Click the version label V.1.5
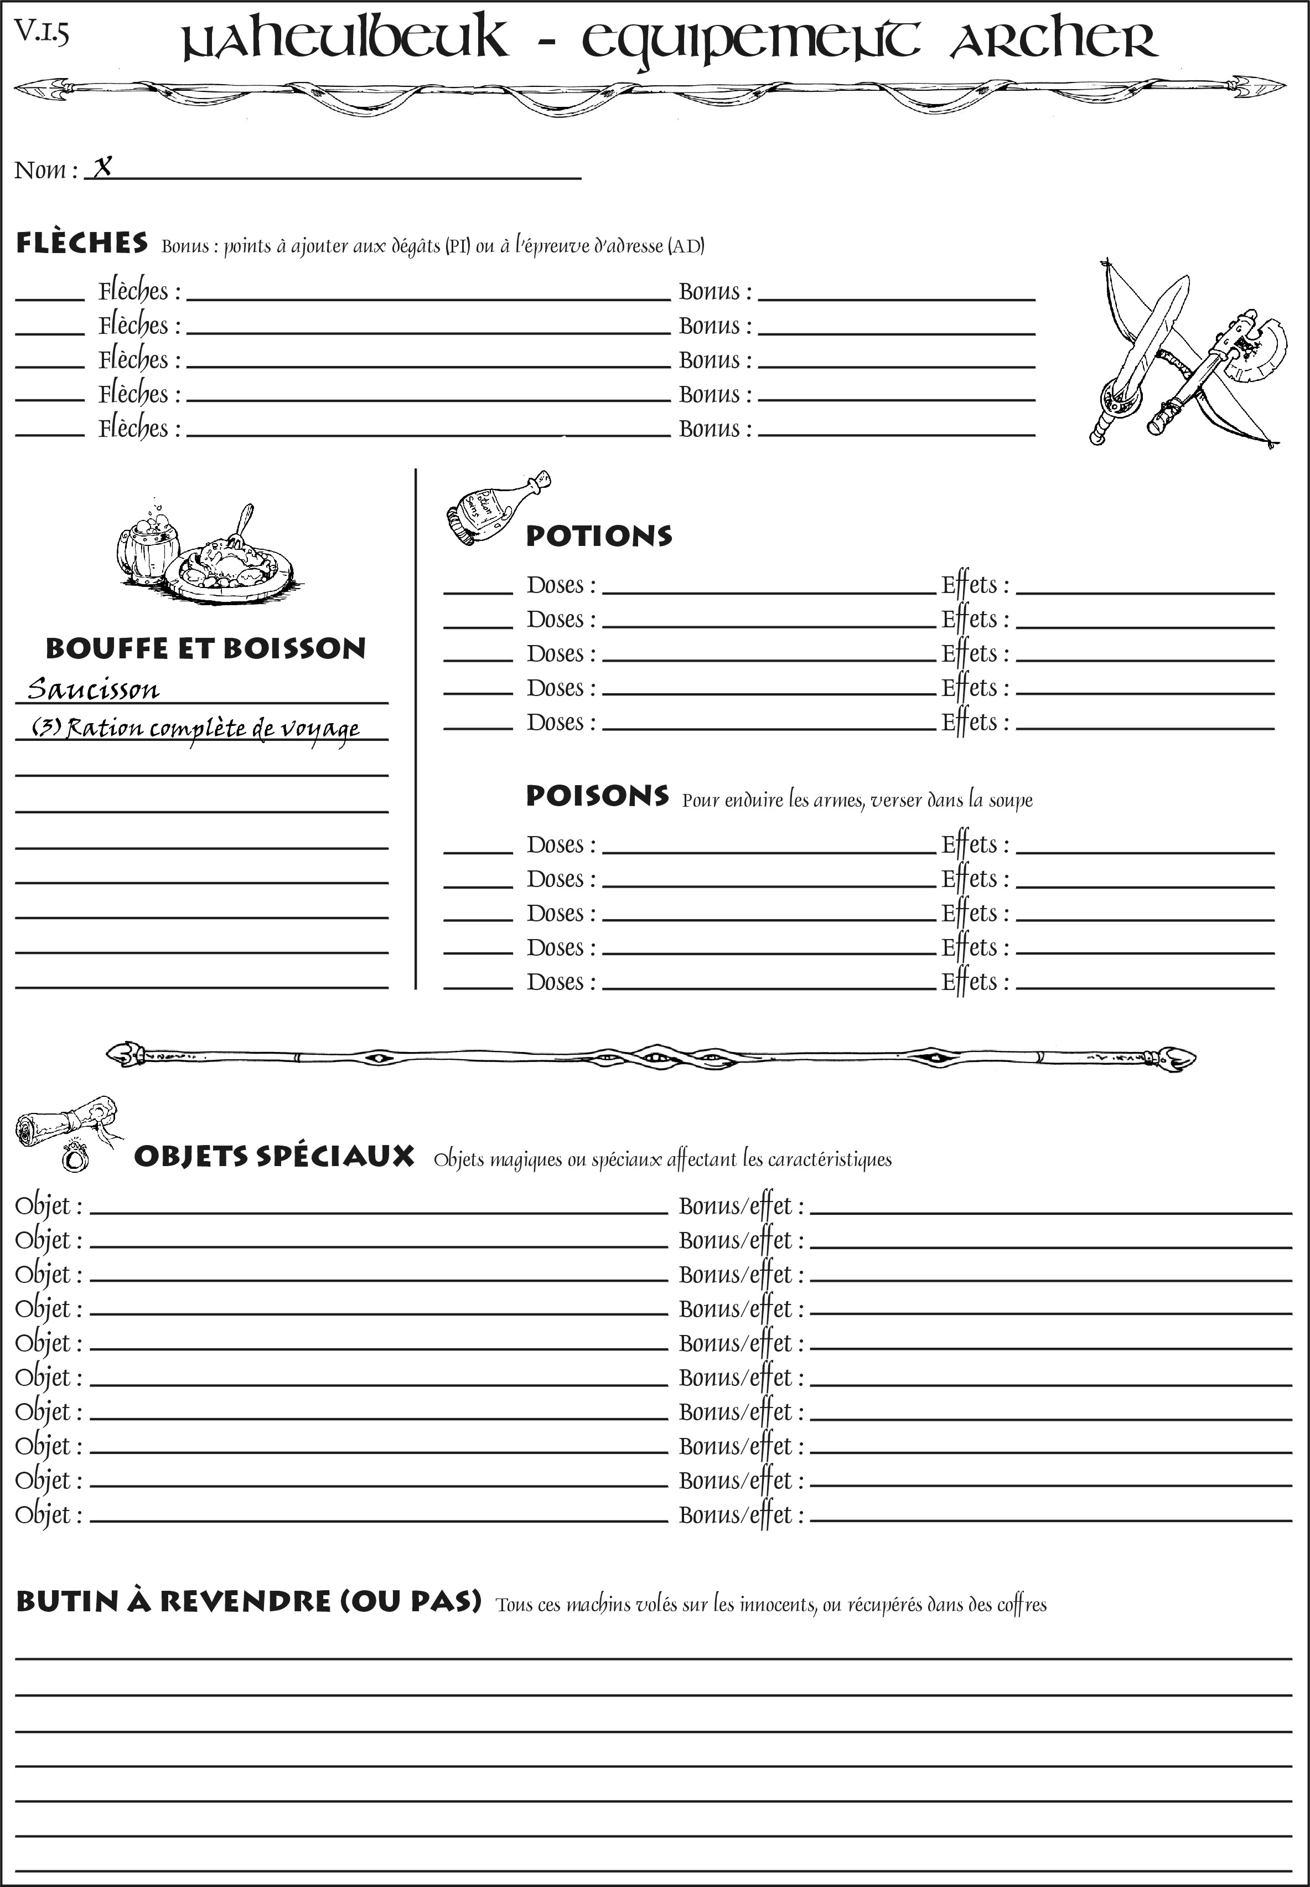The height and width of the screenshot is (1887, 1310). point(41,32)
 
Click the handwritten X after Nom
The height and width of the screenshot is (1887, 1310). point(102,168)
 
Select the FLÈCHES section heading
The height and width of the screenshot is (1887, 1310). point(82,243)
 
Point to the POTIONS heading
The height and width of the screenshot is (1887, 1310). point(598,536)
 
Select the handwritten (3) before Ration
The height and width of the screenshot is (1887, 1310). point(46,726)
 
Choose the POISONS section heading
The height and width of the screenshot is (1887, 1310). point(597,796)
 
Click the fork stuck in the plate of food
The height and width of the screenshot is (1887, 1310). point(241,522)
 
